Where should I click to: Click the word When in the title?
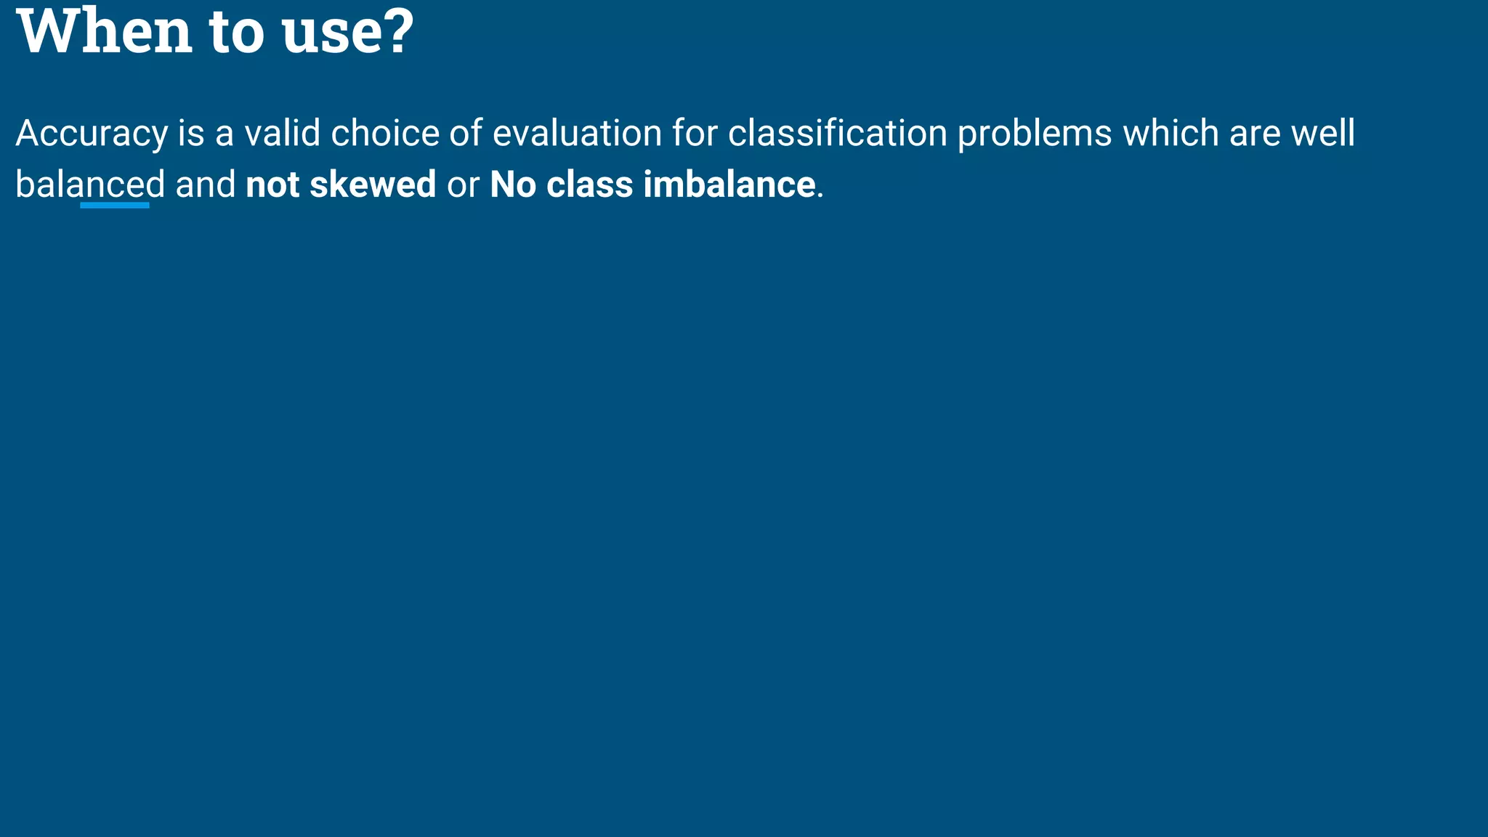[104, 32]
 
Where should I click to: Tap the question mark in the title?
[397, 32]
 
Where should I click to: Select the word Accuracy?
[92, 134]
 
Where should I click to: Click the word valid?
[282, 134]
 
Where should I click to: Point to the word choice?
[385, 134]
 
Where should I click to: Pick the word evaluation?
[577, 134]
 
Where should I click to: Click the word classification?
[837, 134]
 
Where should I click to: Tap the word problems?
[1034, 134]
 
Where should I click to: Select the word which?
[1170, 134]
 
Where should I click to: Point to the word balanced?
[90, 185]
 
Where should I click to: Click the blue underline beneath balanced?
[115, 206]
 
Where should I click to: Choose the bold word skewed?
[373, 185]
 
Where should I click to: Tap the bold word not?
[272, 185]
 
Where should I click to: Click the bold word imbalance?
[729, 185]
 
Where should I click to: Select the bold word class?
[589, 185]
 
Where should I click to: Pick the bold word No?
[513, 185]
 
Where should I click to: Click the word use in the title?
[325, 32]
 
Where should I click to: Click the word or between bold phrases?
[463, 185]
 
